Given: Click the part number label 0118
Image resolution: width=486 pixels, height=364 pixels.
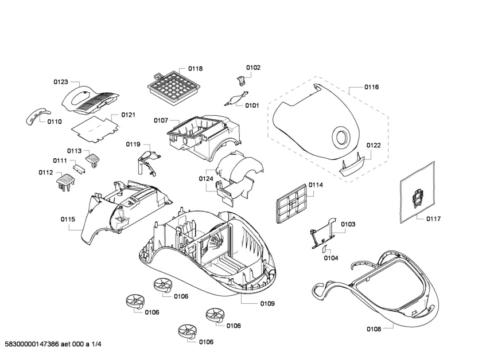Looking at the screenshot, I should click(196, 69).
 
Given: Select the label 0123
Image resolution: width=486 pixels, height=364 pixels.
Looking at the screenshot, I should click(61, 82).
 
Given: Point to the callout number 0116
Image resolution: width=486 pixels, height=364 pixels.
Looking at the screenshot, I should click(371, 87).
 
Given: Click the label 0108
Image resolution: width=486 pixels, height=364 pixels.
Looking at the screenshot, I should click(374, 329).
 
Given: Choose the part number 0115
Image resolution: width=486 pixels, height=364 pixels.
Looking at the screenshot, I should click(68, 219).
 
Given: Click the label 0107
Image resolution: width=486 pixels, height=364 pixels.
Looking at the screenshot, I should click(161, 120).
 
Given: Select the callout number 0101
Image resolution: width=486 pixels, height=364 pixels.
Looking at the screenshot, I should click(252, 105).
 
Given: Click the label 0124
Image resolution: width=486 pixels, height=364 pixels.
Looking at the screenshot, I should click(206, 179).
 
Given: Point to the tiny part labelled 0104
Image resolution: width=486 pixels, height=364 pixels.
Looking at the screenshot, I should click(325, 249).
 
